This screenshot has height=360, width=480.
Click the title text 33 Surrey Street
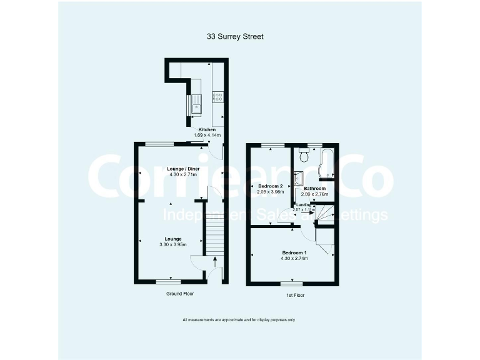(x=235, y=37)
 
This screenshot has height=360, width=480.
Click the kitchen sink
(x=196, y=102)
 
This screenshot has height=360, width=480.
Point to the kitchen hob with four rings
(x=218, y=96)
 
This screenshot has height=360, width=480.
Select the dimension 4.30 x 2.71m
(x=183, y=175)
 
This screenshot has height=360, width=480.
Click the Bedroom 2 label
(x=271, y=187)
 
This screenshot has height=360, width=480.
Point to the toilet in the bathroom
(x=304, y=151)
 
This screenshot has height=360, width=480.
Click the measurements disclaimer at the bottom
(x=239, y=321)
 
